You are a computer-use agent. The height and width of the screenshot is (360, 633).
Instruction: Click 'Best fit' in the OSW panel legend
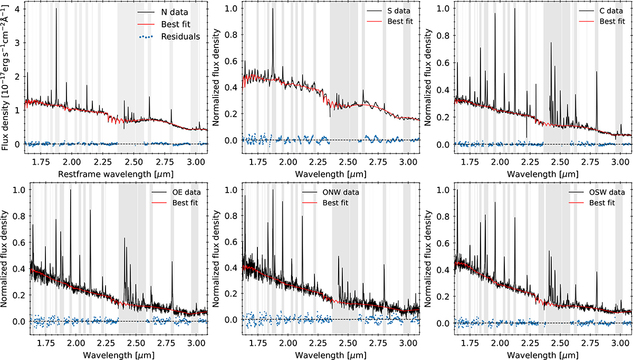[602, 203]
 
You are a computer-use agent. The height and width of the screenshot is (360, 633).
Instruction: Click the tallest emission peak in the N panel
[56, 8]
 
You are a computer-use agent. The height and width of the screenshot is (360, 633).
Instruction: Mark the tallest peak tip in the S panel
[273, 8]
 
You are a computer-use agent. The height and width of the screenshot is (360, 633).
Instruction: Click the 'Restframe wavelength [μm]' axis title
[116, 174]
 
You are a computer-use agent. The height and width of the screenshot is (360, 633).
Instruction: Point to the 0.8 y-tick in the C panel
[443, 35]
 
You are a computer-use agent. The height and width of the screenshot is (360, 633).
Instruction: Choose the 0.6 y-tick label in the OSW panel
[443, 243]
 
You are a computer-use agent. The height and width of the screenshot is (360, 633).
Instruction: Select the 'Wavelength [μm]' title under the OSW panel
[543, 355]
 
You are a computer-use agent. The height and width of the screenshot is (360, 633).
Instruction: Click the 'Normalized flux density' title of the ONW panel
[216, 259]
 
